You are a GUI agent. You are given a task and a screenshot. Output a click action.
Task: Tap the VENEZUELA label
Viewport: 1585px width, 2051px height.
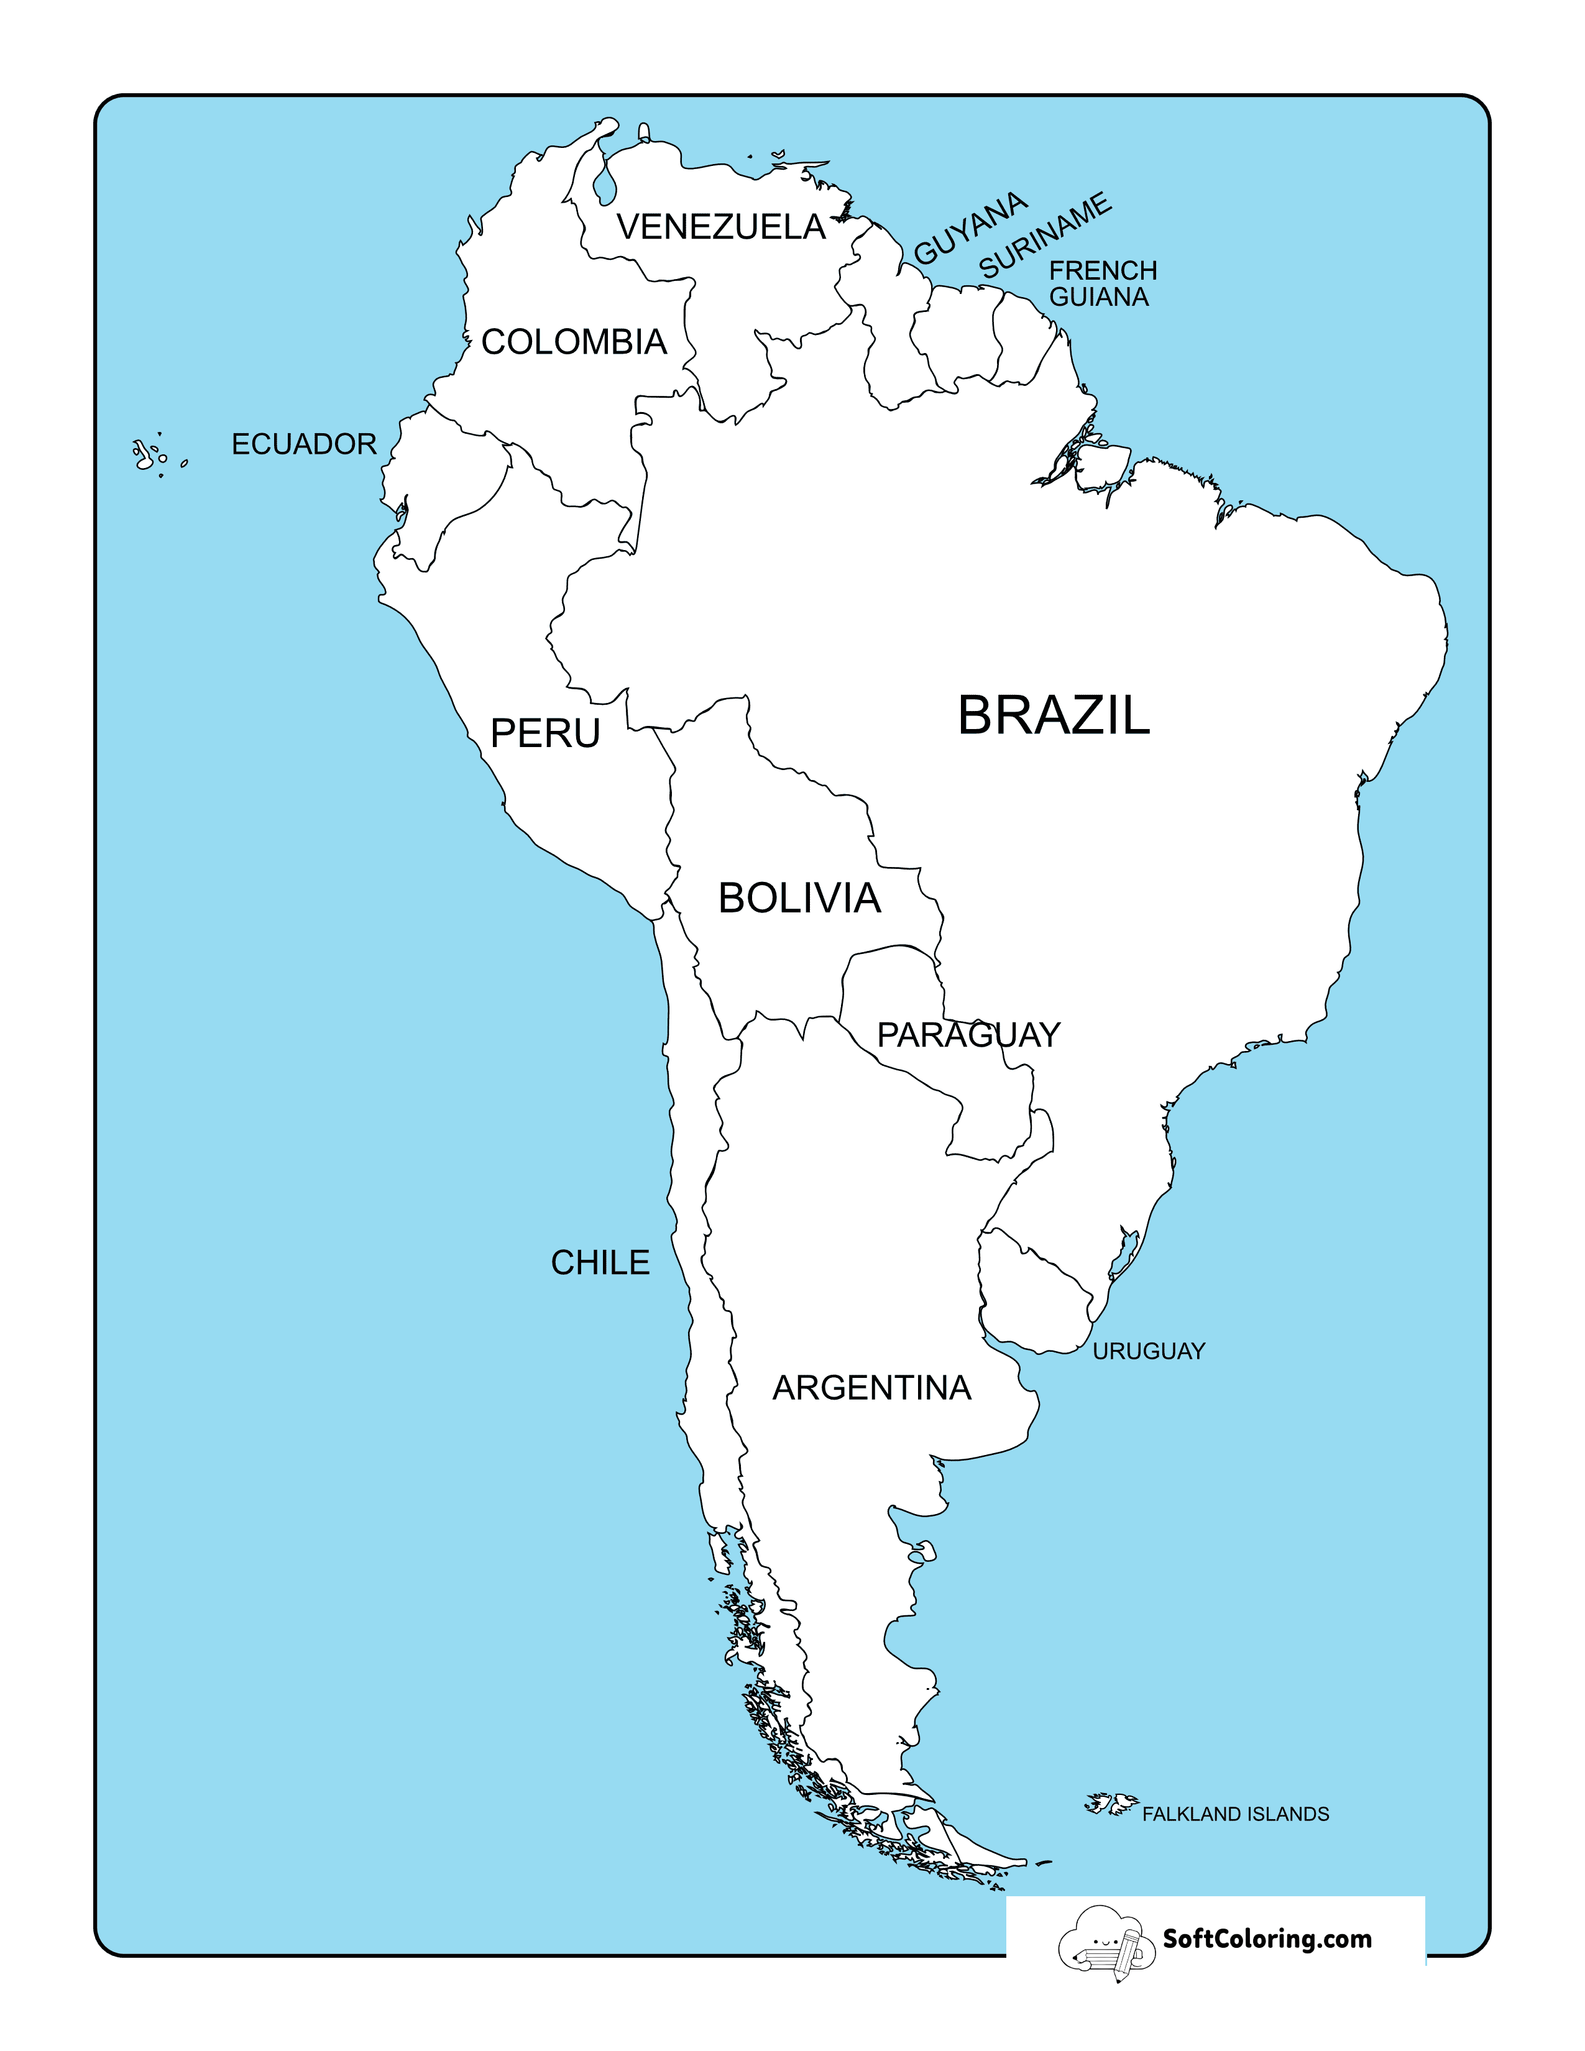[x=721, y=227]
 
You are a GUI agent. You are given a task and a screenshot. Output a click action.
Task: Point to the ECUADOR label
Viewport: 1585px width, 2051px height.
[x=303, y=444]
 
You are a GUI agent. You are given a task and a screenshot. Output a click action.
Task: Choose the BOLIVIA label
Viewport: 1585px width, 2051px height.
[x=799, y=899]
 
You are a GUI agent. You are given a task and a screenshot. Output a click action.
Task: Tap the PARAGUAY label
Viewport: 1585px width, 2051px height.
[x=968, y=1035]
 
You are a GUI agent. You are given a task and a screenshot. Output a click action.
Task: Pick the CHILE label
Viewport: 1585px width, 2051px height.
[x=600, y=1263]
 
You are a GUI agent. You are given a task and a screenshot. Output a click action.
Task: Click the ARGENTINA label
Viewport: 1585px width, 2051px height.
[x=871, y=1388]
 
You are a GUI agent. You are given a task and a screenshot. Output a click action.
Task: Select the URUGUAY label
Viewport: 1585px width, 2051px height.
[x=1149, y=1351]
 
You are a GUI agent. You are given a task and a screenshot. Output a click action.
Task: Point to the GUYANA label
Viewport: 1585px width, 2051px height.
[x=971, y=228]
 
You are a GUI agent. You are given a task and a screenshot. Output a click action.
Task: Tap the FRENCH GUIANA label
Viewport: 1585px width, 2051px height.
[x=1103, y=283]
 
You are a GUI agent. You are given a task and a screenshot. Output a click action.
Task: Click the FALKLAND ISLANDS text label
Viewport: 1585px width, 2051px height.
[x=1235, y=1814]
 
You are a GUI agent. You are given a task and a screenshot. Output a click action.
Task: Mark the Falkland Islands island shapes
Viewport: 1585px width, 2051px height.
[x=1112, y=1804]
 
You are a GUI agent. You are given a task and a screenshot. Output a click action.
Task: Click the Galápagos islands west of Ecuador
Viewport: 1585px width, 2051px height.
[x=150, y=456]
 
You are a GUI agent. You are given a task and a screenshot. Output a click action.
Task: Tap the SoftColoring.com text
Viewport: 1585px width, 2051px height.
[x=1267, y=1939]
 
